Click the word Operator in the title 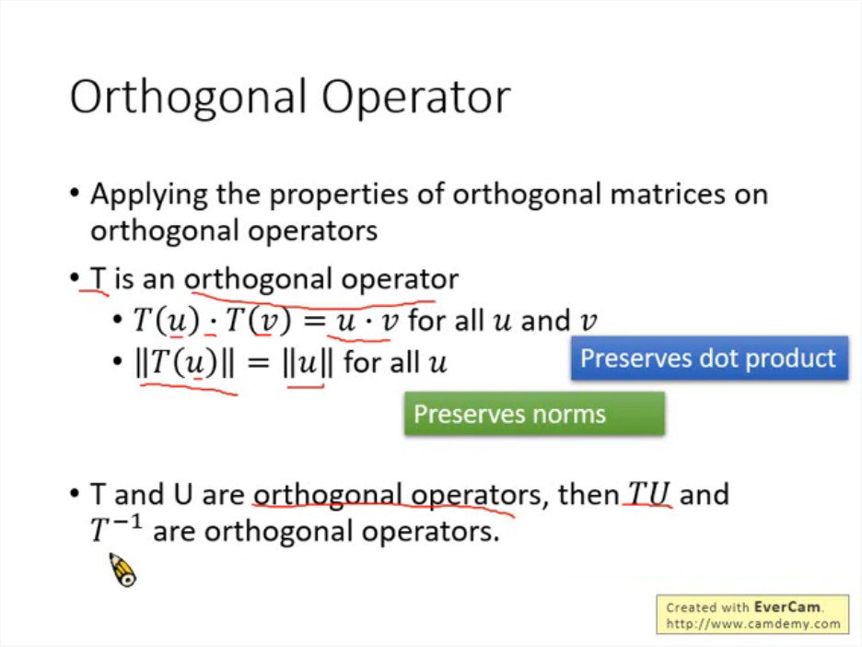click(x=416, y=98)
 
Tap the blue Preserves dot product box click(x=709, y=359)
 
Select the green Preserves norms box click(x=534, y=414)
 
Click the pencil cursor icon click(x=122, y=570)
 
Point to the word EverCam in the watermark click(x=787, y=606)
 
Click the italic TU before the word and click(x=648, y=493)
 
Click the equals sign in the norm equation click(x=259, y=362)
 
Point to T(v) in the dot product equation click(x=259, y=320)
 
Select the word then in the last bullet click(x=588, y=493)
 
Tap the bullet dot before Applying click(x=76, y=194)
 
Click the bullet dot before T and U click(x=76, y=493)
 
